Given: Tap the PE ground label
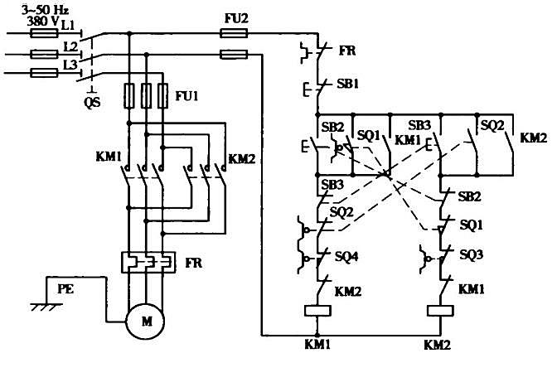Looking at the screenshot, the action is [x=66, y=289].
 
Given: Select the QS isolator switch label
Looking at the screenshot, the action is [x=92, y=103].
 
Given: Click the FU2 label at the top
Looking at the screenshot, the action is [x=236, y=18].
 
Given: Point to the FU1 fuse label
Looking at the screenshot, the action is [x=186, y=96].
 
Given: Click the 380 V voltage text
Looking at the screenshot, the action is [x=42, y=22].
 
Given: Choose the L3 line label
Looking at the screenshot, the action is [x=70, y=65].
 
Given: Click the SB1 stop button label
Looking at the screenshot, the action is [x=348, y=84].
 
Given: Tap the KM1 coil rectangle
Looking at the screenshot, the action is [x=318, y=311].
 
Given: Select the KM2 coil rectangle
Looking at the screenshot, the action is [x=440, y=311].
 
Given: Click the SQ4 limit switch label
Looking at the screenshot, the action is [x=346, y=256].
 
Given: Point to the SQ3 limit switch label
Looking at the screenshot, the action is [x=472, y=255].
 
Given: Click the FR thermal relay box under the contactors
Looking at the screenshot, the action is [x=148, y=263].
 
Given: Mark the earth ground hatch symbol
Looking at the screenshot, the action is [x=46, y=307].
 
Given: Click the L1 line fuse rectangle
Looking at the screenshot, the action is [x=44, y=34].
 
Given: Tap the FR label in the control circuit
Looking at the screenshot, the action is [x=347, y=51].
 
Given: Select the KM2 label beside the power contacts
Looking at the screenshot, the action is [x=241, y=159].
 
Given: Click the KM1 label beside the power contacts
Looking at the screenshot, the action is [x=109, y=157].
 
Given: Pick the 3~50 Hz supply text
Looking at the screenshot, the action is [x=45, y=10].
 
